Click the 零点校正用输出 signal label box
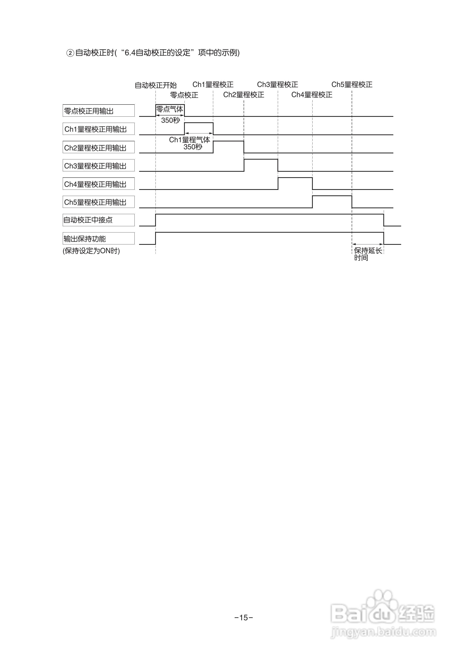pyautogui.click(x=98, y=111)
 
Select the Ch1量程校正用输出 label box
pyautogui.click(x=98, y=129)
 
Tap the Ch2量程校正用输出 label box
pyautogui.click(x=98, y=147)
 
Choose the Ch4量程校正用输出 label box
pyautogui.click(x=98, y=184)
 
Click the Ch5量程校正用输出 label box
pyautogui.click(x=98, y=202)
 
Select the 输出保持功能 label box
pyautogui.click(x=98, y=238)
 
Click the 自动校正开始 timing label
pyautogui.click(x=156, y=85)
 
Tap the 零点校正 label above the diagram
pyautogui.click(x=184, y=95)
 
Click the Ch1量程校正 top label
pyautogui.click(x=213, y=85)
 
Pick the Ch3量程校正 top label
pyautogui.click(x=277, y=85)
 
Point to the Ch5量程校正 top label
pyautogui.click(x=352, y=85)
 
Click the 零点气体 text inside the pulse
pyautogui.click(x=170, y=109)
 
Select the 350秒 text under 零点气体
pyautogui.click(x=170, y=120)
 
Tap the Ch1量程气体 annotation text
pyautogui.click(x=190, y=140)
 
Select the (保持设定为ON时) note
pyautogui.click(x=91, y=251)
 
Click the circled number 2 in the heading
pyautogui.click(x=70, y=53)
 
